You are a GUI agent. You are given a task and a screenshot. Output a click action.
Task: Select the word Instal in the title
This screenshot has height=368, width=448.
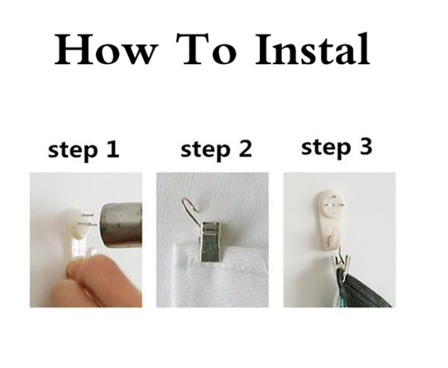[x=312, y=48]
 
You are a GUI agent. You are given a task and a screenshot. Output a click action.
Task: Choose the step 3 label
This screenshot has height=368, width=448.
[x=336, y=147]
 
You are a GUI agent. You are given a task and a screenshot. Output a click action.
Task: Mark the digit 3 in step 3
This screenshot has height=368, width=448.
[x=366, y=147]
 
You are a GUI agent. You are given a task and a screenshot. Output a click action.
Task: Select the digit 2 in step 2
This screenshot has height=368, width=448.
[x=245, y=148]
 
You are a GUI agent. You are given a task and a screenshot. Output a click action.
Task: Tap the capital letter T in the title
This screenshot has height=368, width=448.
[x=194, y=49]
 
